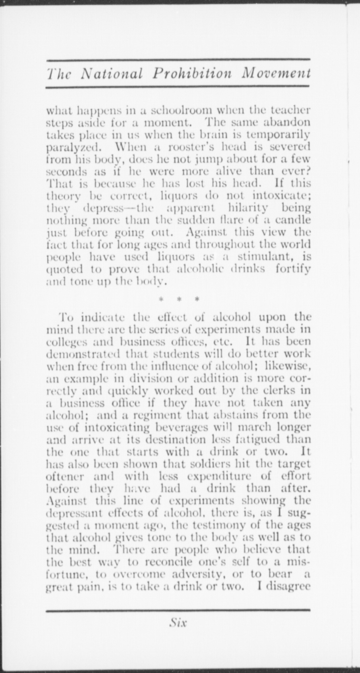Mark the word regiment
[154, 415]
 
